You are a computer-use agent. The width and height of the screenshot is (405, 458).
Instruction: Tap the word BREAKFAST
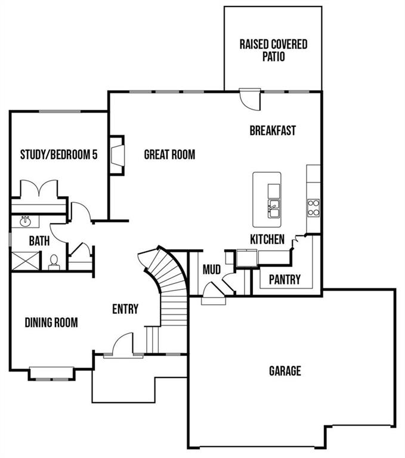(x=273, y=131)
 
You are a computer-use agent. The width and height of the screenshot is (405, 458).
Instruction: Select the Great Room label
(x=169, y=155)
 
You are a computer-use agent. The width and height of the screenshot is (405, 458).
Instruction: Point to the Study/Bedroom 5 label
(x=58, y=155)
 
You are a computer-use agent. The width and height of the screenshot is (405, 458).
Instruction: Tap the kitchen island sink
(x=274, y=209)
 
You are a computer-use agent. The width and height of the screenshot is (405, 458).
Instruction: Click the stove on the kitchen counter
(x=313, y=207)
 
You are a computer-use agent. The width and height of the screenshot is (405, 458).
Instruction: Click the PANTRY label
(x=285, y=279)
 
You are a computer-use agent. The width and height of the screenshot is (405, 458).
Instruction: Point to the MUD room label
(x=212, y=270)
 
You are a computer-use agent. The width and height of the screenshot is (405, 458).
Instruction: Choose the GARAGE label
(x=285, y=371)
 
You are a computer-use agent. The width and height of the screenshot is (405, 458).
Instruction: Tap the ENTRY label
(x=125, y=309)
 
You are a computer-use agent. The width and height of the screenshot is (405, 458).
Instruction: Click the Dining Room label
(x=51, y=323)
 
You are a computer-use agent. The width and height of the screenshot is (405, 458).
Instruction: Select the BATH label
(x=39, y=242)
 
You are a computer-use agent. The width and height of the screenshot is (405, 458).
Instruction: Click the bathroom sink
(x=26, y=222)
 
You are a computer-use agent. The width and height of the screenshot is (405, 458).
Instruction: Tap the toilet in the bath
(x=54, y=262)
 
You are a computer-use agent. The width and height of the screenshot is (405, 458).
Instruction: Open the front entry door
(x=123, y=346)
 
